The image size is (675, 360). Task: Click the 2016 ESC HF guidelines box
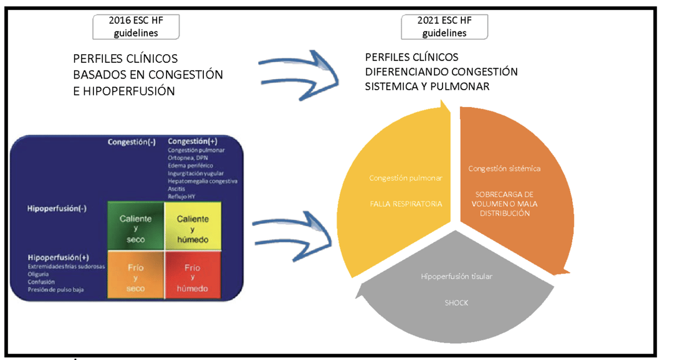136,26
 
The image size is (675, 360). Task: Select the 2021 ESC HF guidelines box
444,26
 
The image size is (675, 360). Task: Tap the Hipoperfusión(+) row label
57,257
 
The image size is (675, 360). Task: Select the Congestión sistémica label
504,168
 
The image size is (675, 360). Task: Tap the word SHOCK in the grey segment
457,303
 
